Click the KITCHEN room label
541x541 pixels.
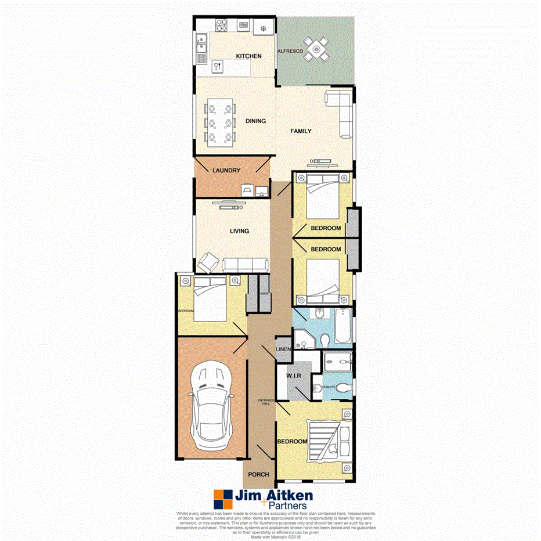(x=248, y=56)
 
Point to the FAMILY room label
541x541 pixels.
(x=301, y=131)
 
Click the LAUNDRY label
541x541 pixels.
(x=226, y=170)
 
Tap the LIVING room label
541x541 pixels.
(x=239, y=231)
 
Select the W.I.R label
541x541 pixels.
(x=293, y=376)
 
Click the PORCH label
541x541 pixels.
(x=258, y=474)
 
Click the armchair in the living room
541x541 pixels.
(x=208, y=262)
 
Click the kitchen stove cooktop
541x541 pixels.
(x=222, y=26)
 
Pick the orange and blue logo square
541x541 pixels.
(x=222, y=499)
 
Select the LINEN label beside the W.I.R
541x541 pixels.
(x=283, y=349)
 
